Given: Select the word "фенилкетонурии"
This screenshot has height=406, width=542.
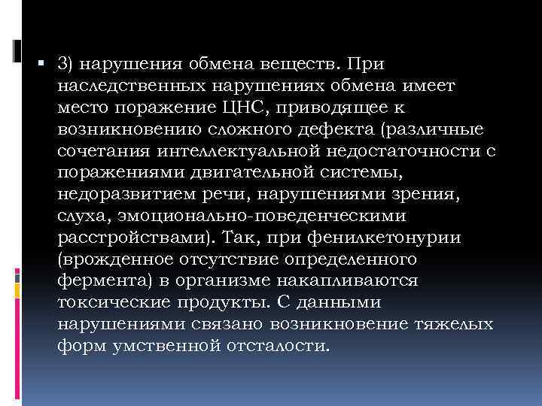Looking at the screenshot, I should tap(397, 238).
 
